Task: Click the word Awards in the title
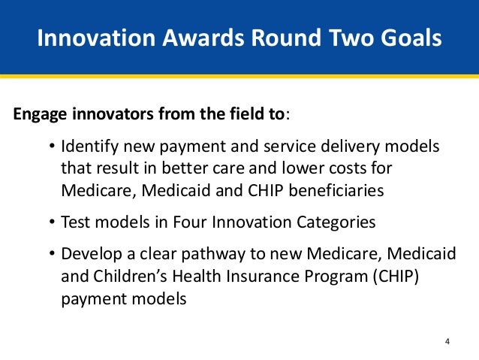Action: [x=203, y=38]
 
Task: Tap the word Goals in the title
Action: [x=411, y=38]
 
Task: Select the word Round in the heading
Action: [x=286, y=38]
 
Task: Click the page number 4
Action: [x=447, y=341]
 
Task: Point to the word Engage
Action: [x=40, y=114]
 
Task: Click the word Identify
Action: [x=89, y=147]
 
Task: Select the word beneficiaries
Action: [x=336, y=190]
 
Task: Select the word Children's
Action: [x=130, y=276]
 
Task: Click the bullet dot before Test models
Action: [x=52, y=222]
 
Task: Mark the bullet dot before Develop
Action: [x=52, y=253]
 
